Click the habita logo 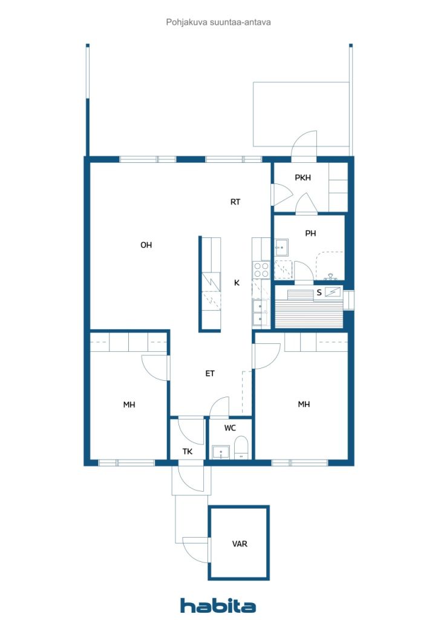[x=218, y=605]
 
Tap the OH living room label [x=146, y=245]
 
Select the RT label [x=235, y=202]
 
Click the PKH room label [x=303, y=178]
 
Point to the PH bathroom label [x=310, y=234]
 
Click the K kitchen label [x=237, y=283]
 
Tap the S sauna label [x=319, y=293]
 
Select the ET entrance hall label [x=210, y=374]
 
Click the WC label [x=230, y=428]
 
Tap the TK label [x=188, y=452]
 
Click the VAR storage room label [x=240, y=544]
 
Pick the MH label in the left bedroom [x=129, y=405]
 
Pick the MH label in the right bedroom [x=304, y=404]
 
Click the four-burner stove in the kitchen [x=261, y=269]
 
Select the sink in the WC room [x=221, y=452]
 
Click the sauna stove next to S [x=333, y=292]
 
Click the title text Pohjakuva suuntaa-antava [x=218, y=22]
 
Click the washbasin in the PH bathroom [x=281, y=248]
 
